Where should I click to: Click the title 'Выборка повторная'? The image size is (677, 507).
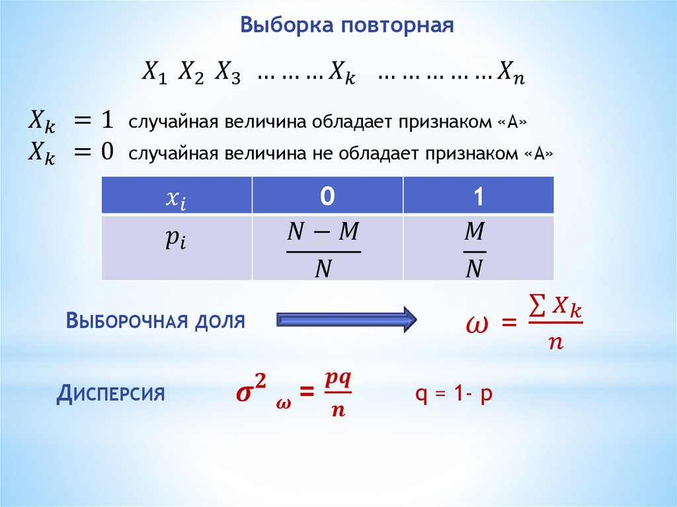(346, 26)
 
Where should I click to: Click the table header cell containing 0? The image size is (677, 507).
(327, 198)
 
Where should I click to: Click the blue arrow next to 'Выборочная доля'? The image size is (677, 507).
(346, 321)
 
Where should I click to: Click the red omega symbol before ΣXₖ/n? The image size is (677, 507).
(477, 325)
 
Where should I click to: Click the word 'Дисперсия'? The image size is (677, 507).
(110, 395)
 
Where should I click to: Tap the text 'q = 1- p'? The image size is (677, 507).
(454, 395)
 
